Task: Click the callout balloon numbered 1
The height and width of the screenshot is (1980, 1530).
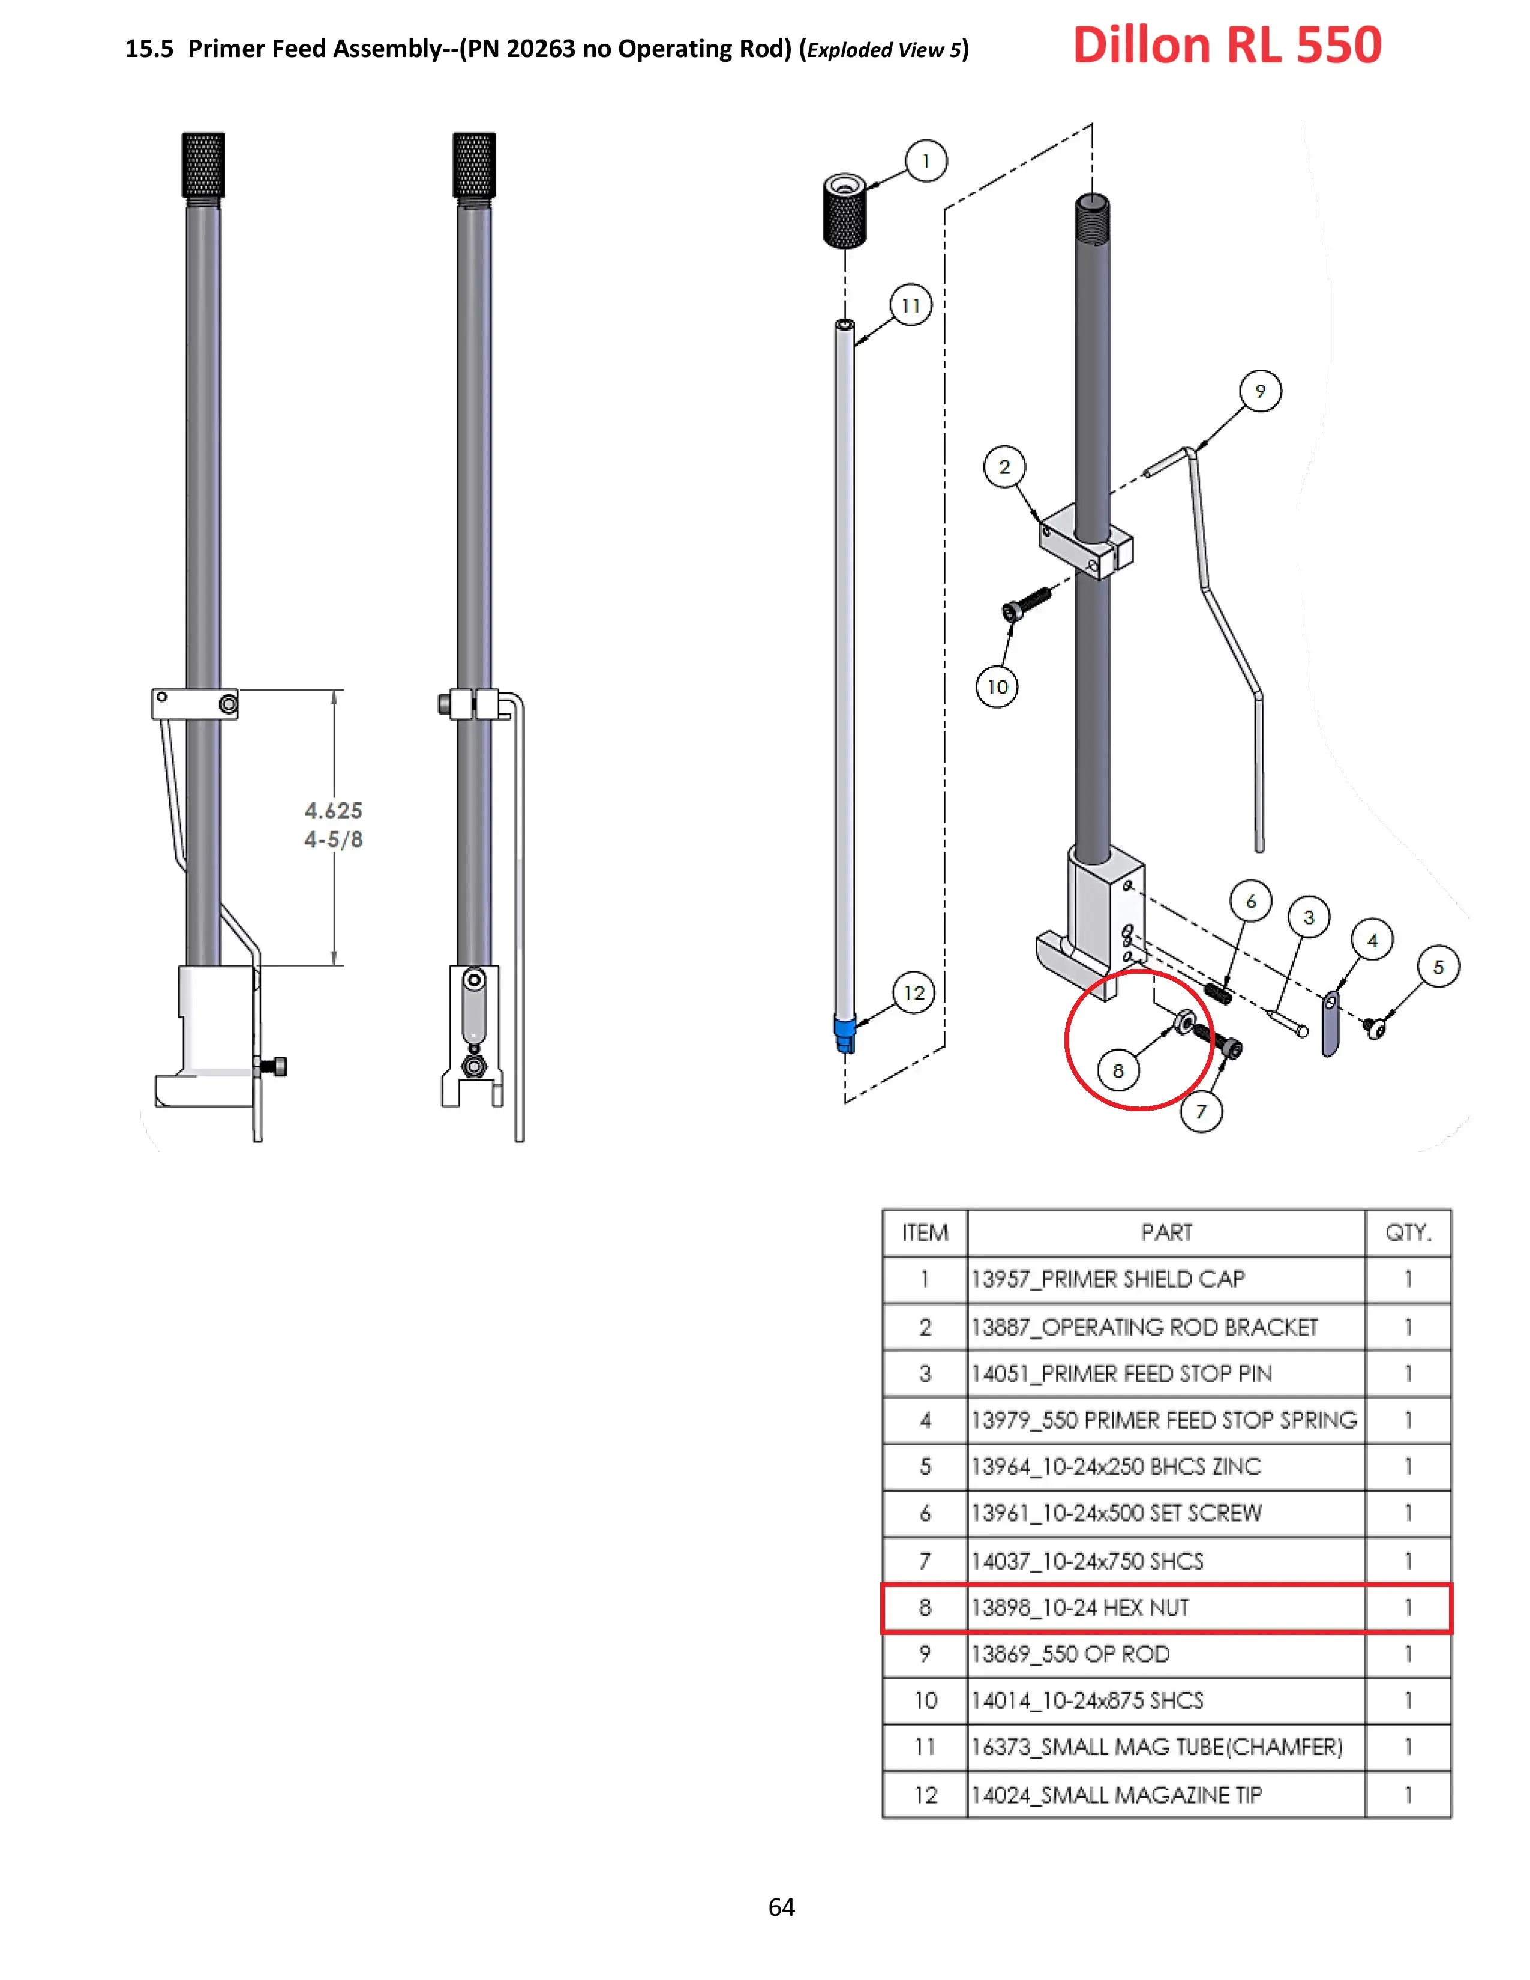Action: pos(925,161)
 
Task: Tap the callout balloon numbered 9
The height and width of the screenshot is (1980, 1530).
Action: pos(1260,392)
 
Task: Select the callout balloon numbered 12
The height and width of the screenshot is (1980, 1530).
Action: pos(914,993)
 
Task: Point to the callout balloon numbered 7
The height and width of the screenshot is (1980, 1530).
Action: pos(1201,1112)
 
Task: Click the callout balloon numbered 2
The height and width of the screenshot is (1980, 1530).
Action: pos(1004,467)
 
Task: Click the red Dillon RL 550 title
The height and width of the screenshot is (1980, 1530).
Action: pos(1227,46)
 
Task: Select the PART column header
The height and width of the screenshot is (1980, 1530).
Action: pos(1166,1233)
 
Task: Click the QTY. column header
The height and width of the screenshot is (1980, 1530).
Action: pos(1408,1233)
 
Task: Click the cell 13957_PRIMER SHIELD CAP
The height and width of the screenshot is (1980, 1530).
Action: pos(1108,1279)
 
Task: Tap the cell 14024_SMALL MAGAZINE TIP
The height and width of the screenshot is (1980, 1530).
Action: pos(1117,1795)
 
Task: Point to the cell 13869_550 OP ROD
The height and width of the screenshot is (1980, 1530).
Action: pos(1070,1655)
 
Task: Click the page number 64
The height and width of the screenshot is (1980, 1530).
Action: pos(781,1907)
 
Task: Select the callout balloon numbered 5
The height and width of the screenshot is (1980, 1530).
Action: pos(1438,967)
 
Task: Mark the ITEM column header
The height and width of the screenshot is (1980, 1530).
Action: pos(925,1233)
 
